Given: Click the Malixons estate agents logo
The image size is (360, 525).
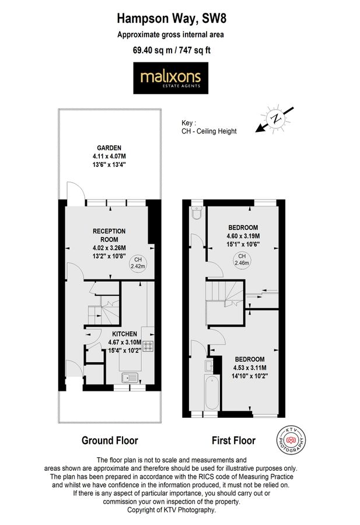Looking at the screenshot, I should coord(171,79).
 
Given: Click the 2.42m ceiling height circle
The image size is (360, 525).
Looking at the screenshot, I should coord(138,262).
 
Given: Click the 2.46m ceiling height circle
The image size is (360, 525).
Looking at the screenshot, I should coord(240,260).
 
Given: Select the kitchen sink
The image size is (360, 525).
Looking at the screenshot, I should coord(130,378).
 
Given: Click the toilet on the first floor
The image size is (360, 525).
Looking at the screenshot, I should coord(196,213).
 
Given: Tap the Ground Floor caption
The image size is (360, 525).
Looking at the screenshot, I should coord(110,440).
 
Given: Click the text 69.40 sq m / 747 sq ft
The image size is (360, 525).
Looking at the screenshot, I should coord(172,50).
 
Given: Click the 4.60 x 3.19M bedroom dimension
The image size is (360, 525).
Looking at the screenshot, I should coord(243,236).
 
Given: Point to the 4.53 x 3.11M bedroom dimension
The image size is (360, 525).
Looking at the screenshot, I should coord(250,368).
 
